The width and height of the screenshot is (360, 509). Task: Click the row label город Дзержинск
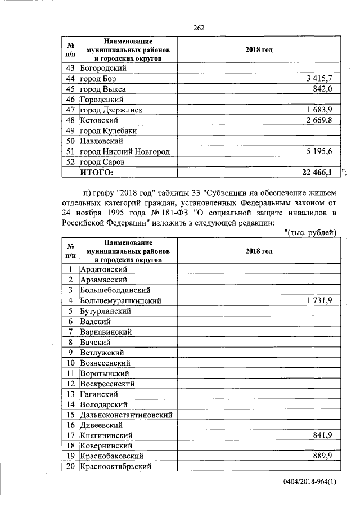tap(111, 110)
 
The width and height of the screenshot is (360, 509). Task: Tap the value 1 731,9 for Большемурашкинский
tap(319, 301)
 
